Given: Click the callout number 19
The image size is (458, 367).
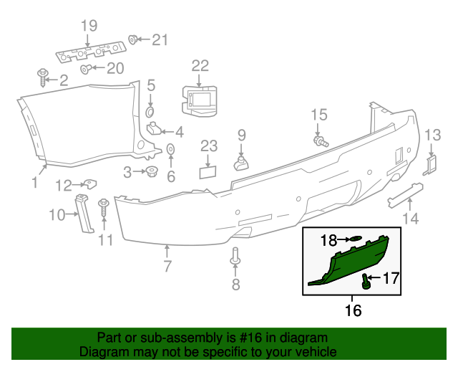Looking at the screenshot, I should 88,27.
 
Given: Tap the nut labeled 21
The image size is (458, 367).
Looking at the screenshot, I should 133,39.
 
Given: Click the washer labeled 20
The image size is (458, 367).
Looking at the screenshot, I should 85,69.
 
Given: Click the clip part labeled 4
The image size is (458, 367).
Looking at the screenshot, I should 154,130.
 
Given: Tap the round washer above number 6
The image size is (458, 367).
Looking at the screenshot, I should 171,149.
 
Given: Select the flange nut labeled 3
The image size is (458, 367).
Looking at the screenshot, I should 151,171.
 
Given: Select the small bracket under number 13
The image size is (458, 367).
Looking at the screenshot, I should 431,164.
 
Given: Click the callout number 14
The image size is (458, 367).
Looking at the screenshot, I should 409,219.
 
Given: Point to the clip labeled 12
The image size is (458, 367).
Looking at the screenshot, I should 87,184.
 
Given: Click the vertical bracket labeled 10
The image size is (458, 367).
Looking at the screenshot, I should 84,213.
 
